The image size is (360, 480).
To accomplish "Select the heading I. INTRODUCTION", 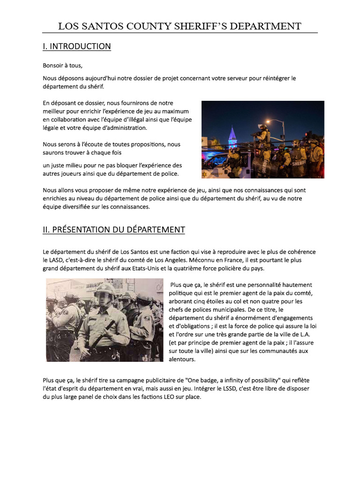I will tap(77, 46).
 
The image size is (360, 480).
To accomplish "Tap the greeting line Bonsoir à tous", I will tap(62, 66).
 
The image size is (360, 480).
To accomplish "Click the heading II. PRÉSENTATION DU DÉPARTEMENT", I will tap(114, 230).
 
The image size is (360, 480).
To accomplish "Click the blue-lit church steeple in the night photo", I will tap(232, 135).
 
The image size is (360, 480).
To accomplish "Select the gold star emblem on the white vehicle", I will tap(204, 174).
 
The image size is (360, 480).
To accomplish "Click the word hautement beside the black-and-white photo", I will tap(294, 285).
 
